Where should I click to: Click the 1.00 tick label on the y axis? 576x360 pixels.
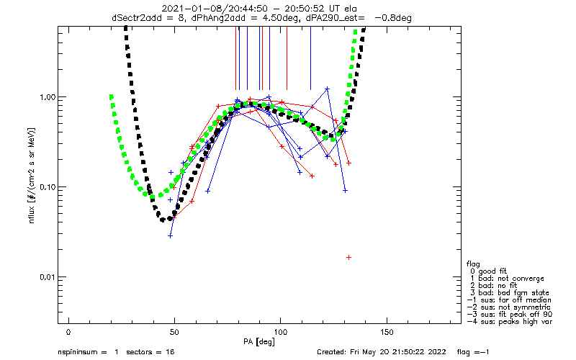tap(47, 97)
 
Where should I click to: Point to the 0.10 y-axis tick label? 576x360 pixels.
tap(47, 187)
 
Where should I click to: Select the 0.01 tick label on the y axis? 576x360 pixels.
tap(47, 277)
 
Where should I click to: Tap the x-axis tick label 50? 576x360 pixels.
tap(174, 332)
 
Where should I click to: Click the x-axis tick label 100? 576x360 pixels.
tap(280, 332)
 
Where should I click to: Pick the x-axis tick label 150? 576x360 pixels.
tap(387, 332)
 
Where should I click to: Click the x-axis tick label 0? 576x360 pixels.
tap(68, 332)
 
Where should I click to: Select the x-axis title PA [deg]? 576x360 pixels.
tap(259, 342)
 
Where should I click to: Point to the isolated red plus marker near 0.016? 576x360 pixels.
tap(348, 258)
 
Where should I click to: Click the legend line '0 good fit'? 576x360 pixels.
tap(488, 271)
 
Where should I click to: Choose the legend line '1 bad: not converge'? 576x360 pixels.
tap(507, 279)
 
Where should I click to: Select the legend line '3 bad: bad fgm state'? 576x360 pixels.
tap(510, 293)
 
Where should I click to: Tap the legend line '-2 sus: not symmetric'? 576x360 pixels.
tap(509, 307)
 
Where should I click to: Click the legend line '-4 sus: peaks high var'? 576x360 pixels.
tap(510, 322)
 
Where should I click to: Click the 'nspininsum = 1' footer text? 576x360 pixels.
tap(88, 352)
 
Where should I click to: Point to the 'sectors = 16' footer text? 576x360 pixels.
tap(150, 352)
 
